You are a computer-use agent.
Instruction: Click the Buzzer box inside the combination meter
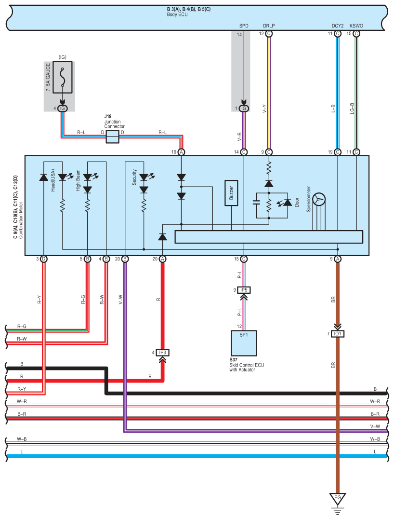[x=232, y=193]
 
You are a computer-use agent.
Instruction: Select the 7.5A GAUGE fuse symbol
[x=63, y=77]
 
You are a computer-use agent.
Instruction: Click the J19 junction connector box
[x=112, y=137]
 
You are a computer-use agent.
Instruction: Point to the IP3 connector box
[x=162, y=352]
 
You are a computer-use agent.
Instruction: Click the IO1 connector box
[x=337, y=334]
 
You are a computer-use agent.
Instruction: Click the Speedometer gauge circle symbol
[x=319, y=199]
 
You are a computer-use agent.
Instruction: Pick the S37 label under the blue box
[x=234, y=360]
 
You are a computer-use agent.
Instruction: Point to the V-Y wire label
[x=264, y=109]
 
